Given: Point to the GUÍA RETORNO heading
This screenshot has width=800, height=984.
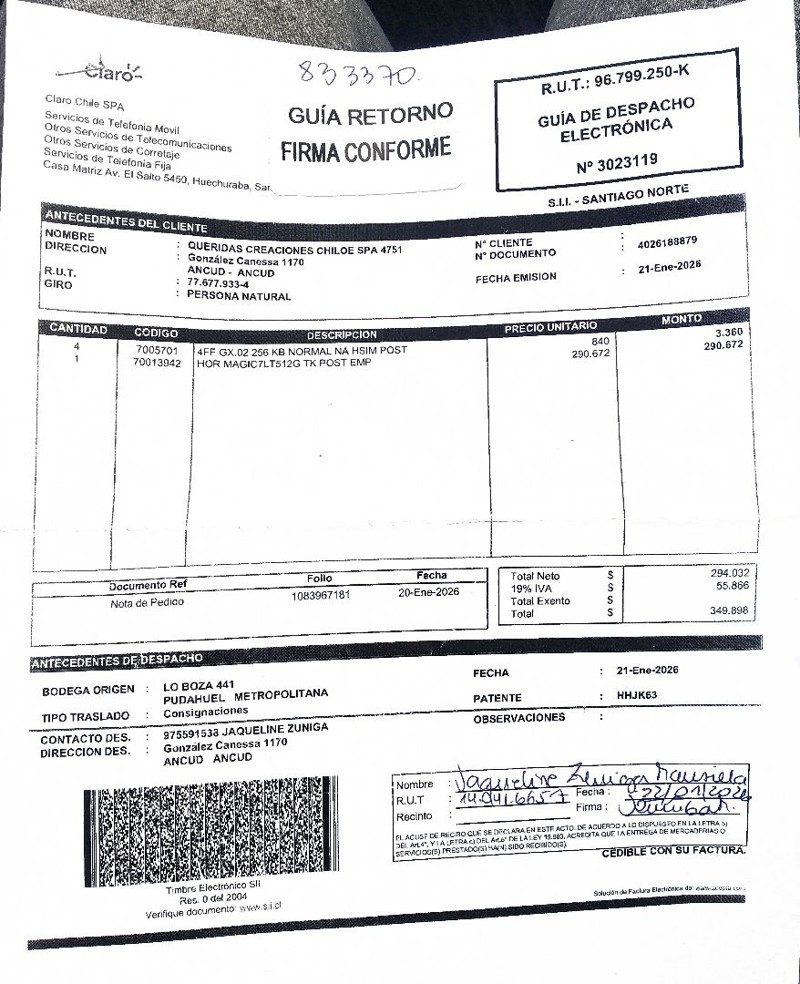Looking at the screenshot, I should coord(370,115).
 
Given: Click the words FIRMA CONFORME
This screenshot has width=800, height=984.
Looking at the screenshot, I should coord(365,149).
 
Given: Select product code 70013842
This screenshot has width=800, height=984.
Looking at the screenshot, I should coord(157,363).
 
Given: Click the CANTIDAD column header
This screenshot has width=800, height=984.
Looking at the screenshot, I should coord(77,329).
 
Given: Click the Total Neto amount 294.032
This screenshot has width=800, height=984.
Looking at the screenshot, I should coord(729,572).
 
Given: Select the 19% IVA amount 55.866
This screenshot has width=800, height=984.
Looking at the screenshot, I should coord(732,585).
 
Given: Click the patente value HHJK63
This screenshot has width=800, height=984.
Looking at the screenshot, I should coord(636,696).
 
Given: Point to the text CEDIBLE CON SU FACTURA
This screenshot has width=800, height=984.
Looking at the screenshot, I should coord(673,851).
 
